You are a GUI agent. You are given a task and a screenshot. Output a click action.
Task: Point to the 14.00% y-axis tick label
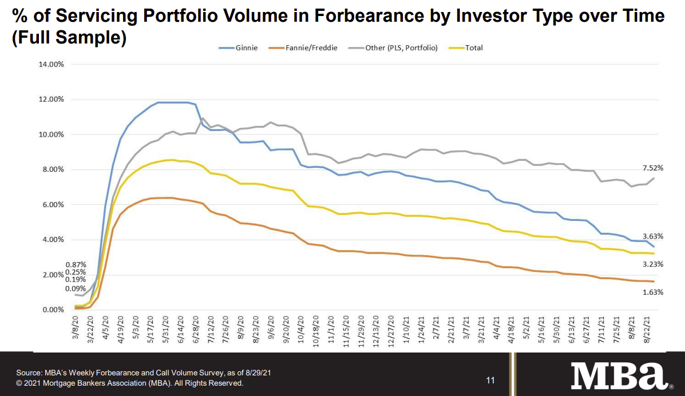point(51,64)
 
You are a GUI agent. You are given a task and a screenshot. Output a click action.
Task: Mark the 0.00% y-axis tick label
point(53,310)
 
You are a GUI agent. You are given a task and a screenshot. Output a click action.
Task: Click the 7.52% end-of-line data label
point(652,168)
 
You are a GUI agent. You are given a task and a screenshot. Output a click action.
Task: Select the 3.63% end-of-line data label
point(652,235)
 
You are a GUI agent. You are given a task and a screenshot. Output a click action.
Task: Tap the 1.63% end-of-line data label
point(652,292)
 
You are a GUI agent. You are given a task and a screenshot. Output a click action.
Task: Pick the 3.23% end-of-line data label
point(652,264)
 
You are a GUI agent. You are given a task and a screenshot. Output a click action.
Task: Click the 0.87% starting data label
point(76,264)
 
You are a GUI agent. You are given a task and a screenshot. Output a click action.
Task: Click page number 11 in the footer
point(490,380)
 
